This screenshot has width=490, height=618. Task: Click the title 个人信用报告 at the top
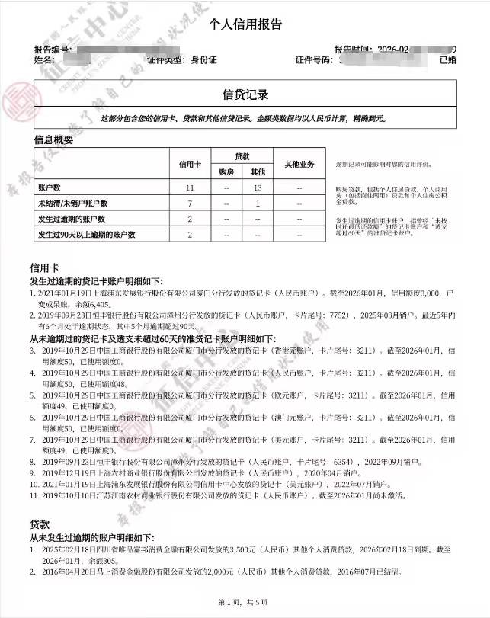245,24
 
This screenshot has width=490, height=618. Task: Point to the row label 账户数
50,187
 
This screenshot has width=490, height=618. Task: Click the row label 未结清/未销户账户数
73,203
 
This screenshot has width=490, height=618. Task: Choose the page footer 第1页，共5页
245,603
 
